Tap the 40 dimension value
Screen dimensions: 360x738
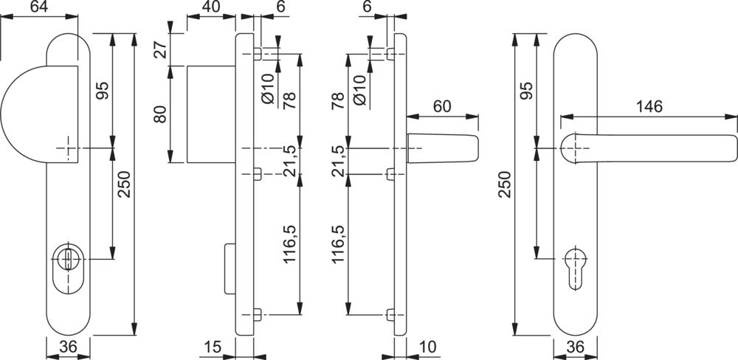(210, 7)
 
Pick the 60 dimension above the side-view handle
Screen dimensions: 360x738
(441, 106)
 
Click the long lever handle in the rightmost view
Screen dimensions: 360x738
(649, 145)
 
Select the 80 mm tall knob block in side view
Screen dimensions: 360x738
(210, 114)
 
